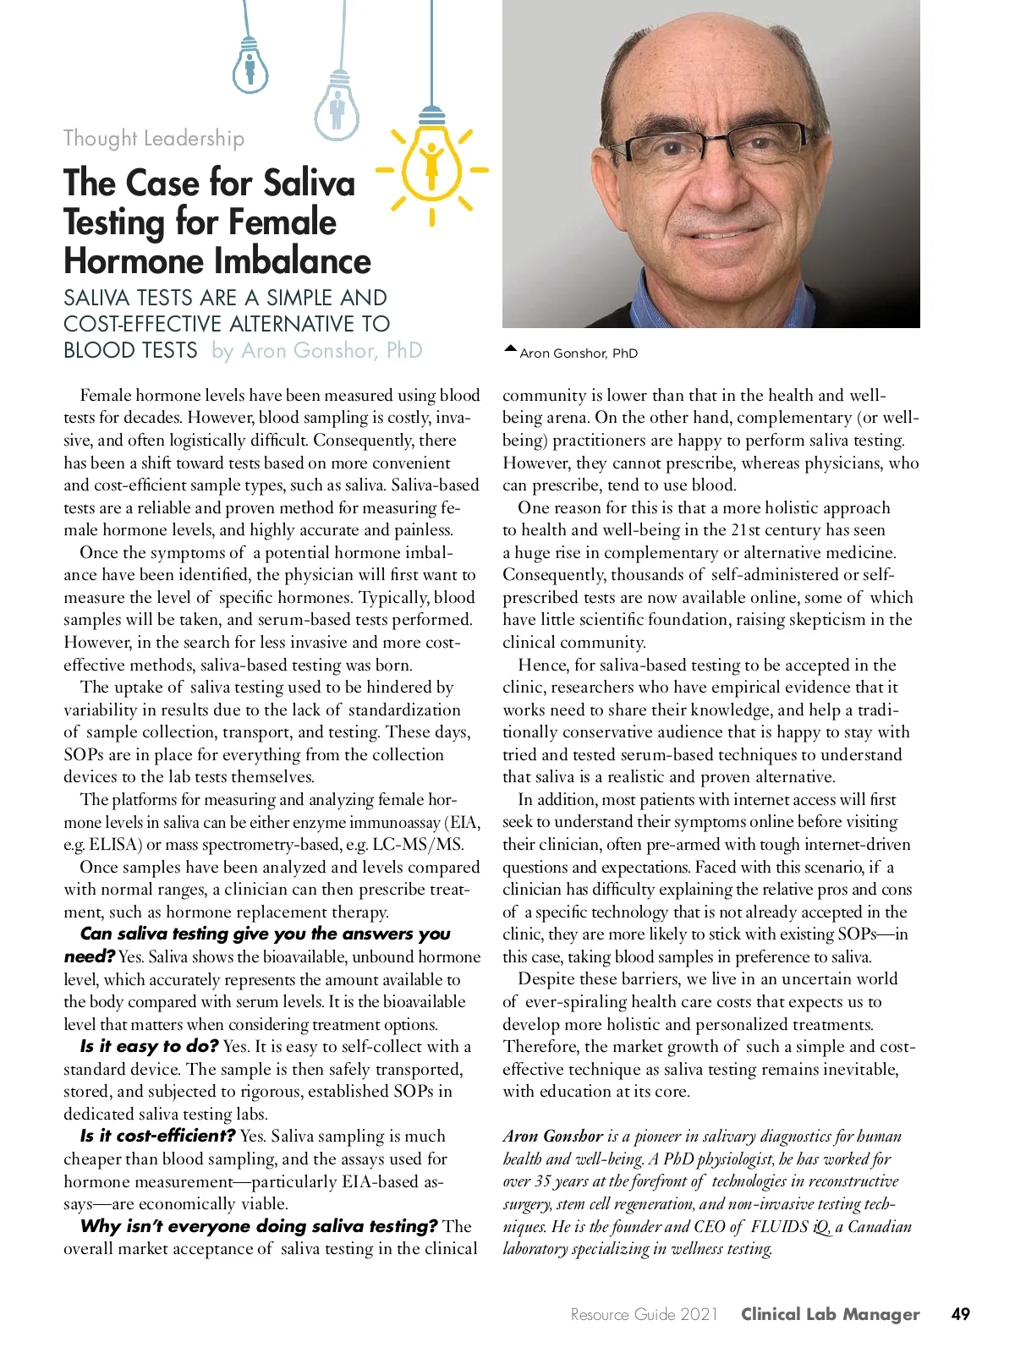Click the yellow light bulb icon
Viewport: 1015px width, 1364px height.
click(431, 159)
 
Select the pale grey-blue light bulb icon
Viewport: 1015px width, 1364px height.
click(337, 107)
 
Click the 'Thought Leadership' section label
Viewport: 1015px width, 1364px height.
click(154, 138)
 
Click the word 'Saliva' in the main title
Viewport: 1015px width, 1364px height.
click(309, 183)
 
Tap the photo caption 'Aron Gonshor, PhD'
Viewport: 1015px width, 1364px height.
click(579, 353)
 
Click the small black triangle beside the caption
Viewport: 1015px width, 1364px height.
click(510, 348)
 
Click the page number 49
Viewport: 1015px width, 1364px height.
click(960, 1314)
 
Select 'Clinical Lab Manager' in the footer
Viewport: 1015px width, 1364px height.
click(830, 1314)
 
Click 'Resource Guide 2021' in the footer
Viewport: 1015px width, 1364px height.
click(644, 1314)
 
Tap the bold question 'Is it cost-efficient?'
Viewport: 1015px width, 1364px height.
click(157, 1136)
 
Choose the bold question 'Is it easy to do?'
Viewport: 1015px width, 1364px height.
click(150, 1046)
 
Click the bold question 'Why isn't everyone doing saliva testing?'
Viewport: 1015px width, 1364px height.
click(259, 1226)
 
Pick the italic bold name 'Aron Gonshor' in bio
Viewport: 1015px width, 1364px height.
click(552, 1136)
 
